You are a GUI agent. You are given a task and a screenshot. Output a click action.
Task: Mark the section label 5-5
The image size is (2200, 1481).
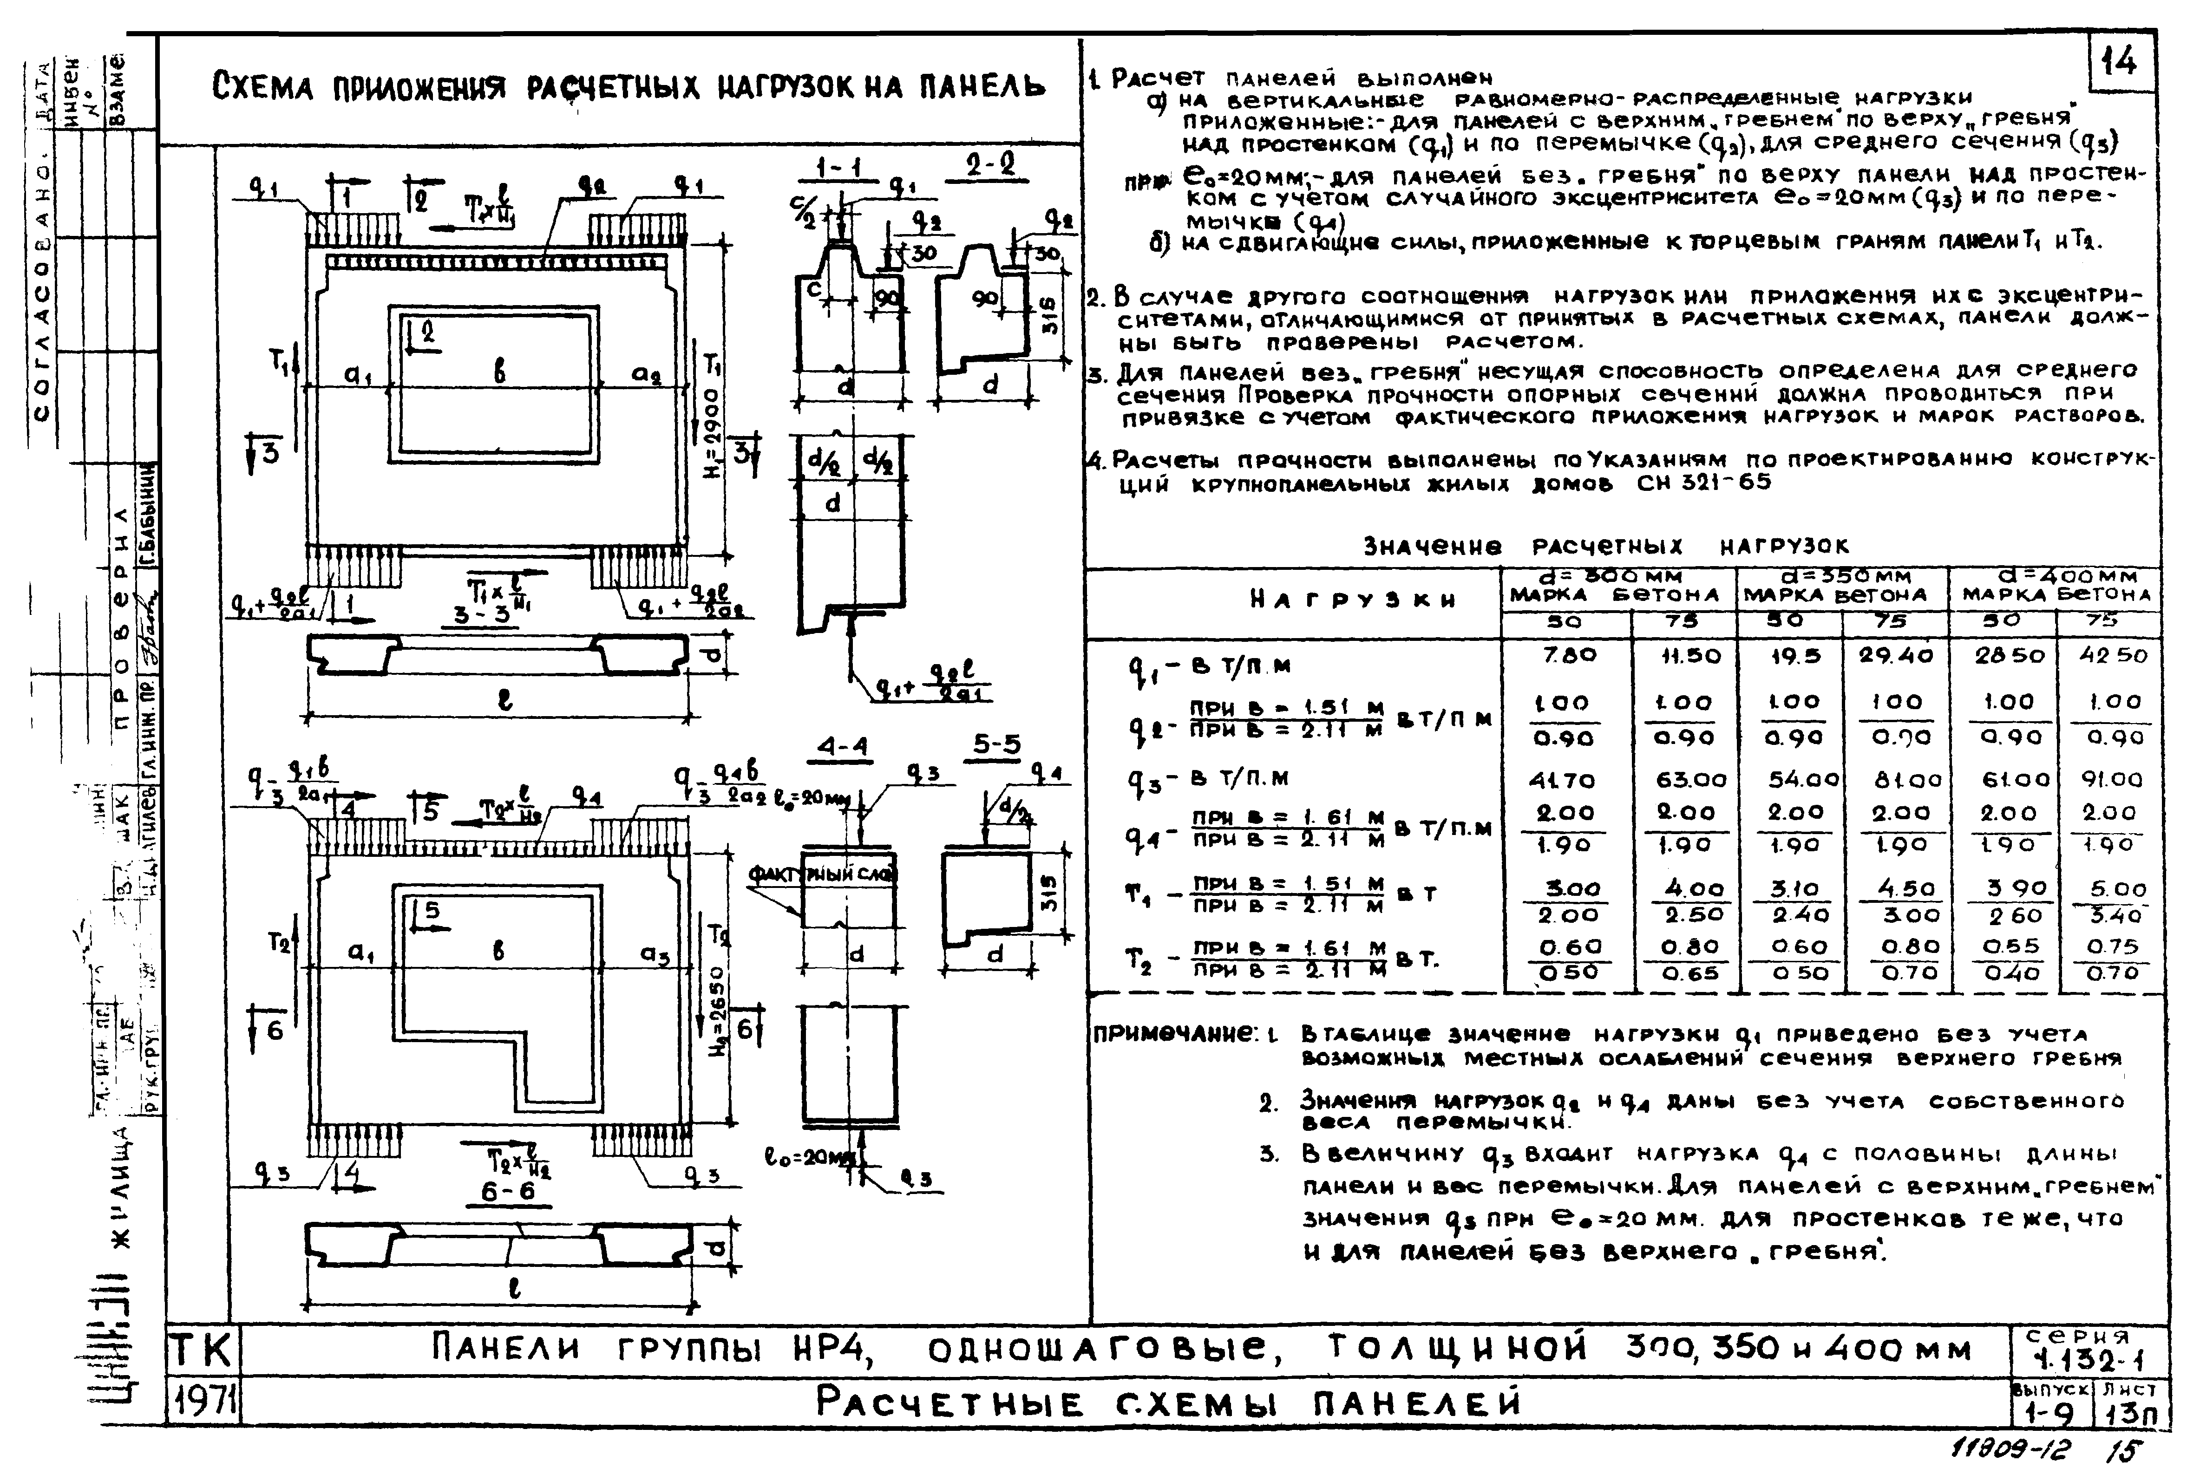[x=997, y=746]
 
